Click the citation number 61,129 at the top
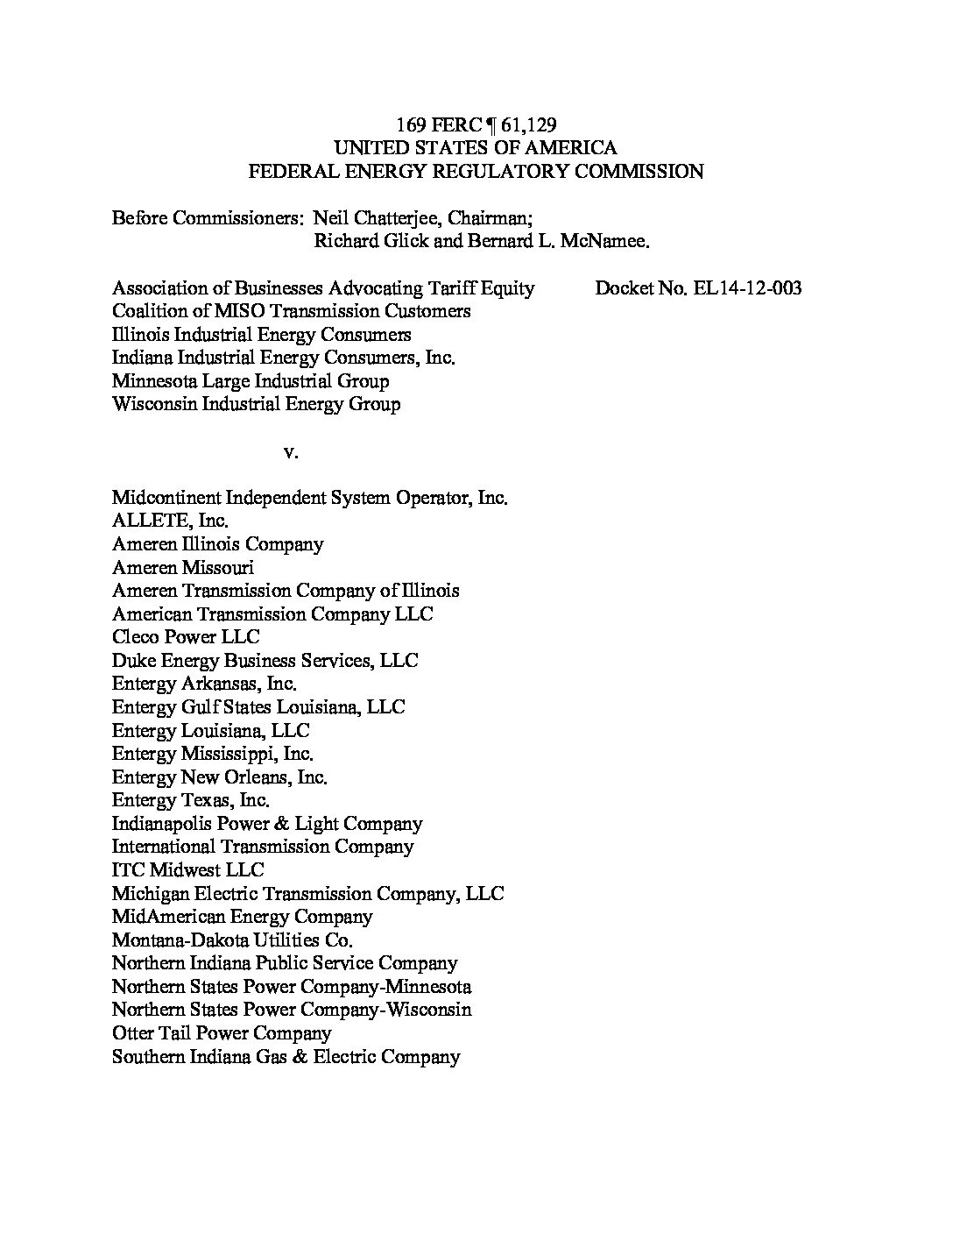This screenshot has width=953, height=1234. coord(529,124)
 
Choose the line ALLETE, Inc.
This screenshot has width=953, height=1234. coord(170,521)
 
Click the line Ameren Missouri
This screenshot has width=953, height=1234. coord(183,567)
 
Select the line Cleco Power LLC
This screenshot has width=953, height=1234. coord(186,637)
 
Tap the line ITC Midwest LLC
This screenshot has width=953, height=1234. coord(187,870)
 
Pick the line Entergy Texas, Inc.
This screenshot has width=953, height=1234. coord(190,800)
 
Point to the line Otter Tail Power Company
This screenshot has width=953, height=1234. coord(222,1033)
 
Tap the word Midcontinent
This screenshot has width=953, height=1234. coord(166,498)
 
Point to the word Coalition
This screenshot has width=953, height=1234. coord(147,311)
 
